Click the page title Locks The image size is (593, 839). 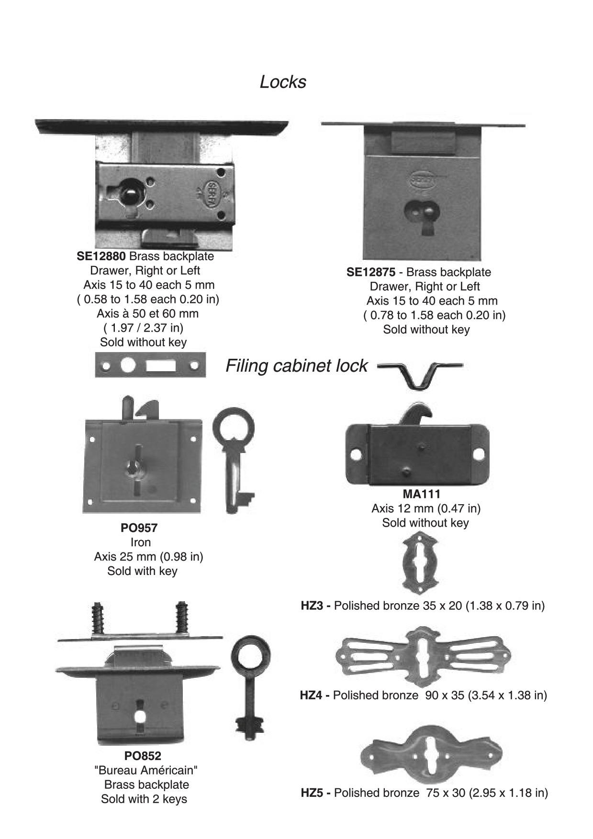tap(282, 82)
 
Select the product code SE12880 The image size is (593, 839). tap(101, 256)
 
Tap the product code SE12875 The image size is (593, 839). tap(371, 273)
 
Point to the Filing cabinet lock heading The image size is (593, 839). tap(296, 366)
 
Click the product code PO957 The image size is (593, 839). tap(139, 528)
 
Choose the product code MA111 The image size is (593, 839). tap(421, 494)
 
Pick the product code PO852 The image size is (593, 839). tap(143, 756)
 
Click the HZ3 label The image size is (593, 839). tap(312, 606)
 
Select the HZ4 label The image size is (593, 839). tap(311, 695)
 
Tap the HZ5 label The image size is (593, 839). tap(312, 793)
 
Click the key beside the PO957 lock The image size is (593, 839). tap(234, 460)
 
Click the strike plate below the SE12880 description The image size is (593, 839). tap(150, 365)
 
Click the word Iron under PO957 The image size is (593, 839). tap(140, 542)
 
